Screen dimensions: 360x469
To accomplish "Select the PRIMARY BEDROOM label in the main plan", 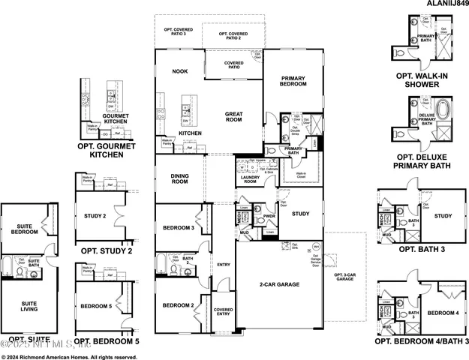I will pos(293,81).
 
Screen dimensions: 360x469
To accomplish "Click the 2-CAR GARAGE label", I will pos(281,284).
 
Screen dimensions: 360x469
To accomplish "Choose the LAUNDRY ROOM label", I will pos(249,178).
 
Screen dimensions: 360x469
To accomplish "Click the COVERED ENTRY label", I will pos(223,313).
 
